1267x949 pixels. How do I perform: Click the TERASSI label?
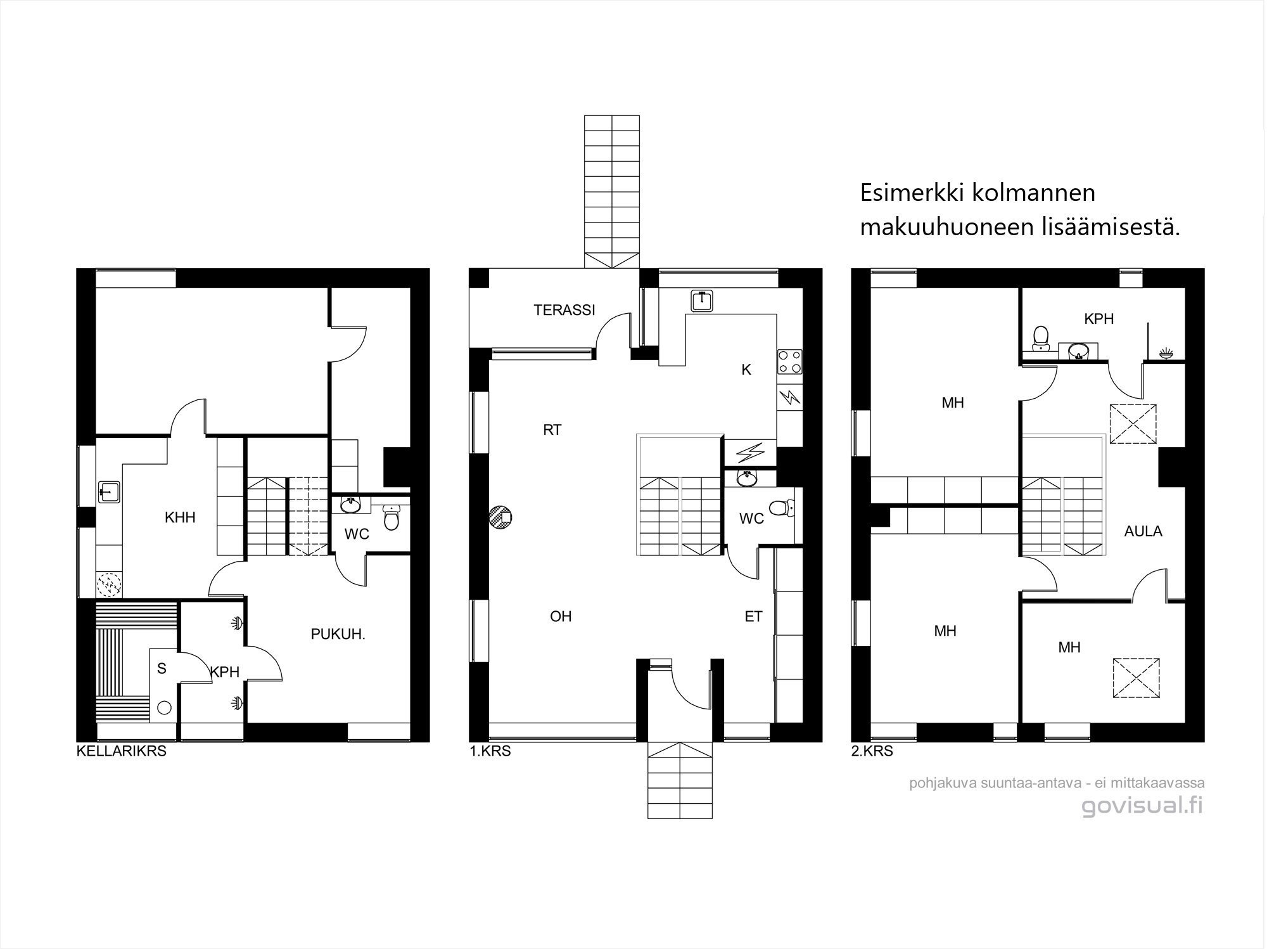564,310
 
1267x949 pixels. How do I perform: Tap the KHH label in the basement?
180,518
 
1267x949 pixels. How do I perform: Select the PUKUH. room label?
338,634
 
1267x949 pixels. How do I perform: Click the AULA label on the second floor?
1143,531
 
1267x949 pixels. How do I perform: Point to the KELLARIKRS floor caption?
122,752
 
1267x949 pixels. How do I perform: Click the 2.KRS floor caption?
872,752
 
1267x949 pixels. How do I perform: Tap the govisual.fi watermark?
1142,806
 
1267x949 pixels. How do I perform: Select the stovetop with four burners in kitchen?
789,361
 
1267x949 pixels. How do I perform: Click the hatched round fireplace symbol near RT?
500,517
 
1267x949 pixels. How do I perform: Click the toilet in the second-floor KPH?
1040,337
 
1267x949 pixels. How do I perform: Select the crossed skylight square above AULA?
1133,423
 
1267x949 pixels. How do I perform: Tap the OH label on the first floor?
561,616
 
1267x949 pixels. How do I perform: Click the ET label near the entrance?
753,616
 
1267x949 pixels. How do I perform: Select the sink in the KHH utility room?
110,492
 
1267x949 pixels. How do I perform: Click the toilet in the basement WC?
392,519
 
